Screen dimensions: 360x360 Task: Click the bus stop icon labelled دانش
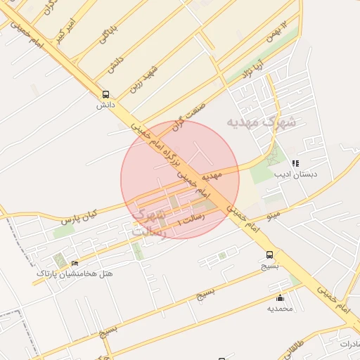click(x=105, y=94)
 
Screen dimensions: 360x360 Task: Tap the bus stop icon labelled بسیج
click(x=269, y=255)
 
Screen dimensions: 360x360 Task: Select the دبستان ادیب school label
click(x=296, y=173)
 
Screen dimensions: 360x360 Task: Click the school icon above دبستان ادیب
click(x=295, y=162)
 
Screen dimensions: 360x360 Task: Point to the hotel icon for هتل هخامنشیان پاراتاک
click(x=75, y=262)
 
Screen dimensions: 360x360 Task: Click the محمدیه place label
click(x=281, y=308)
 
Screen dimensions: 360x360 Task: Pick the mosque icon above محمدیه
click(x=281, y=297)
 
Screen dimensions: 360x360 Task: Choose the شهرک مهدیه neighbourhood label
click(x=261, y=122)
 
